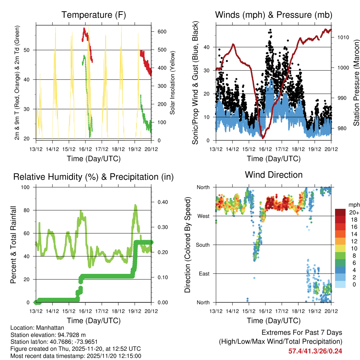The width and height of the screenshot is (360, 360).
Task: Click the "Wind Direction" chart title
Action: [x=274, y=175]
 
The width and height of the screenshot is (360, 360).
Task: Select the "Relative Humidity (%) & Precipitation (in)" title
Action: [x=94, y=176]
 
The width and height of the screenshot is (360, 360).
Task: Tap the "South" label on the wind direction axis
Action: [x=203, y=245]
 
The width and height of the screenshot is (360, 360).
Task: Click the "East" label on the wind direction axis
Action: [x=204, y=274]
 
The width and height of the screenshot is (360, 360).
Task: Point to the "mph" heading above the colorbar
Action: [x=353, y=205]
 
